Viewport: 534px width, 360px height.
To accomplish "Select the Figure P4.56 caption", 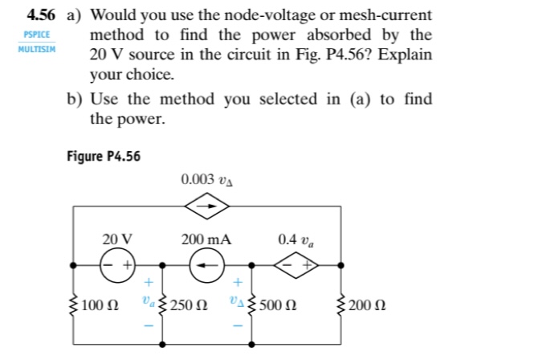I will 104,156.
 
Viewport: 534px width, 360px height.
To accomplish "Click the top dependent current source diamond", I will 206,206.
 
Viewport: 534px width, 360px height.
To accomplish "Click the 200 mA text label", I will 206,239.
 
